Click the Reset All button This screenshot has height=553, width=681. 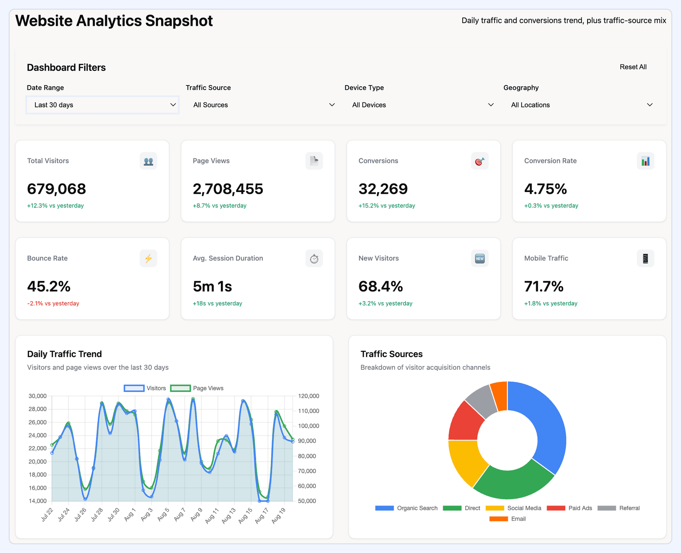pyautogui.click(x=633, y=67)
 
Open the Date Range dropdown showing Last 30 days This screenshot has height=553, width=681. pyautogui.click(x=103, y=105)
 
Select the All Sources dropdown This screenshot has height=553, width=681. pyautogui.click(x=264, y=105)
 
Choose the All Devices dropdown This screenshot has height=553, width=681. pyautogui.click(x=423, y=105)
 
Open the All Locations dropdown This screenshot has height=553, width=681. pyautogui.click(x=581, y=105)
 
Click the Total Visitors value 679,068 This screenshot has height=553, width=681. pyautogui.click(x=57, y=189)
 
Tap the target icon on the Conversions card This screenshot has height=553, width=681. pyautogui.click(x=479, y=161)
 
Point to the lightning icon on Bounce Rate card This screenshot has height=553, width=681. pyautogui.click(x=148, y=258)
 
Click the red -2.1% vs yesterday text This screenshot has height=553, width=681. pyautogui.click(x=53, y=303)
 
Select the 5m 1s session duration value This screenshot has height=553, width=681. pyautogui.click(x=212, y=286)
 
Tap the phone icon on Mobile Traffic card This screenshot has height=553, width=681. pyautogui.click(x=645, y=258)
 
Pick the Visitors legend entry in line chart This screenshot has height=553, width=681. pyautogui.click(x=145, y=388)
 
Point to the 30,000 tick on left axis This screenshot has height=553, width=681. pyautogui.click(x=38, y=396)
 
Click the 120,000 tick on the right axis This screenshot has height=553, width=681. pyautogui.click(x=309, y=396)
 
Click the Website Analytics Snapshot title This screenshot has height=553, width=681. pyautogui.click(x=114, y=21)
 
